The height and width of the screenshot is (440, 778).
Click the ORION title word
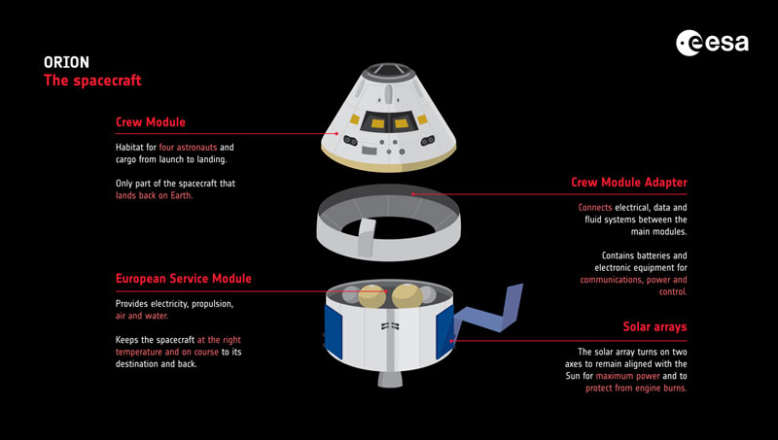66,62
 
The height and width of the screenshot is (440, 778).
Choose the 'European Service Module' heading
183,279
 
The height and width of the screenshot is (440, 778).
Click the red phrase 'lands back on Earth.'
154,195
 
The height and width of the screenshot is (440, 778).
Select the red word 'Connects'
595,208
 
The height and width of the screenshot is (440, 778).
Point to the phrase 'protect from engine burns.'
636,389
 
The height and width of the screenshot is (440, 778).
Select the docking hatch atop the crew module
388,70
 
